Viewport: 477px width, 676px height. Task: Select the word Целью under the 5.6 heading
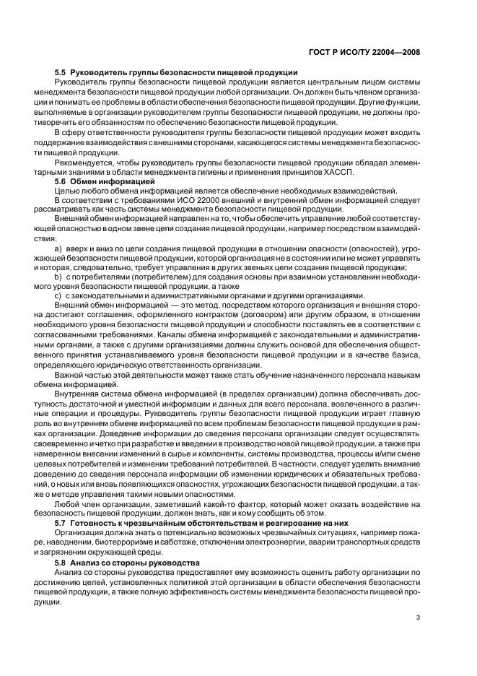(66, 191)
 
